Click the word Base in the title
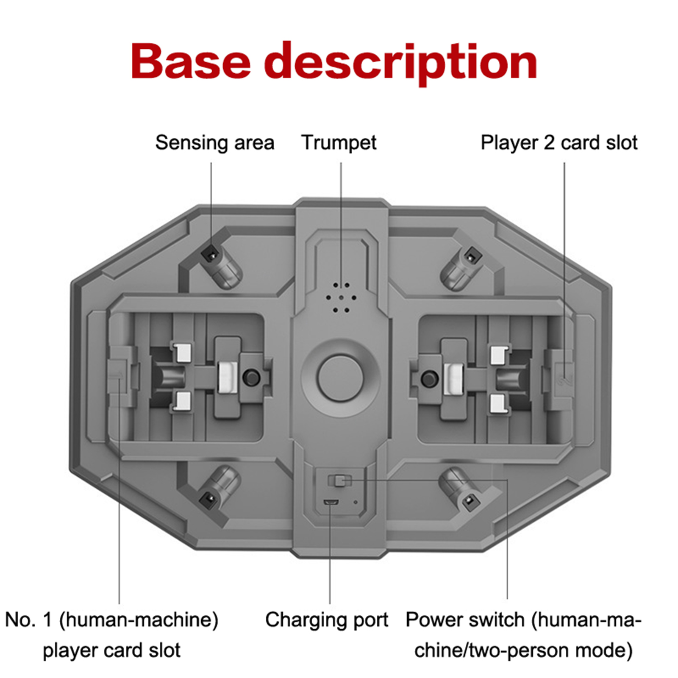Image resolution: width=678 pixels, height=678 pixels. tap(191, 61)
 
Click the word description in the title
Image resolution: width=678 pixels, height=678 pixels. tap(401, 64)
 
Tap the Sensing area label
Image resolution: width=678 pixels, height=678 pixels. tap(214, 143)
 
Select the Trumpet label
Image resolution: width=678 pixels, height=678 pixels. tap(339, 143)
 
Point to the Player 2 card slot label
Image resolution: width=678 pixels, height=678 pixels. tap(559, 143)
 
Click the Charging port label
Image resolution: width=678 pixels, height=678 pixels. tap(326, 620)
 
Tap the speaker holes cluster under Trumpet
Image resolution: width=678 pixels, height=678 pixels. tap(341, 297)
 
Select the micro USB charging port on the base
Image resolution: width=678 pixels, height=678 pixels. tap(331, 502)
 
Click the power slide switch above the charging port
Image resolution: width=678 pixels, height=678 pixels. tap(339, 481)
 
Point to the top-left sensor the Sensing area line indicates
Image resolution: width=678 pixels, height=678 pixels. tap(211, 254)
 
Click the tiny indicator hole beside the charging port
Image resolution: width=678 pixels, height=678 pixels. tap(356, 503)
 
